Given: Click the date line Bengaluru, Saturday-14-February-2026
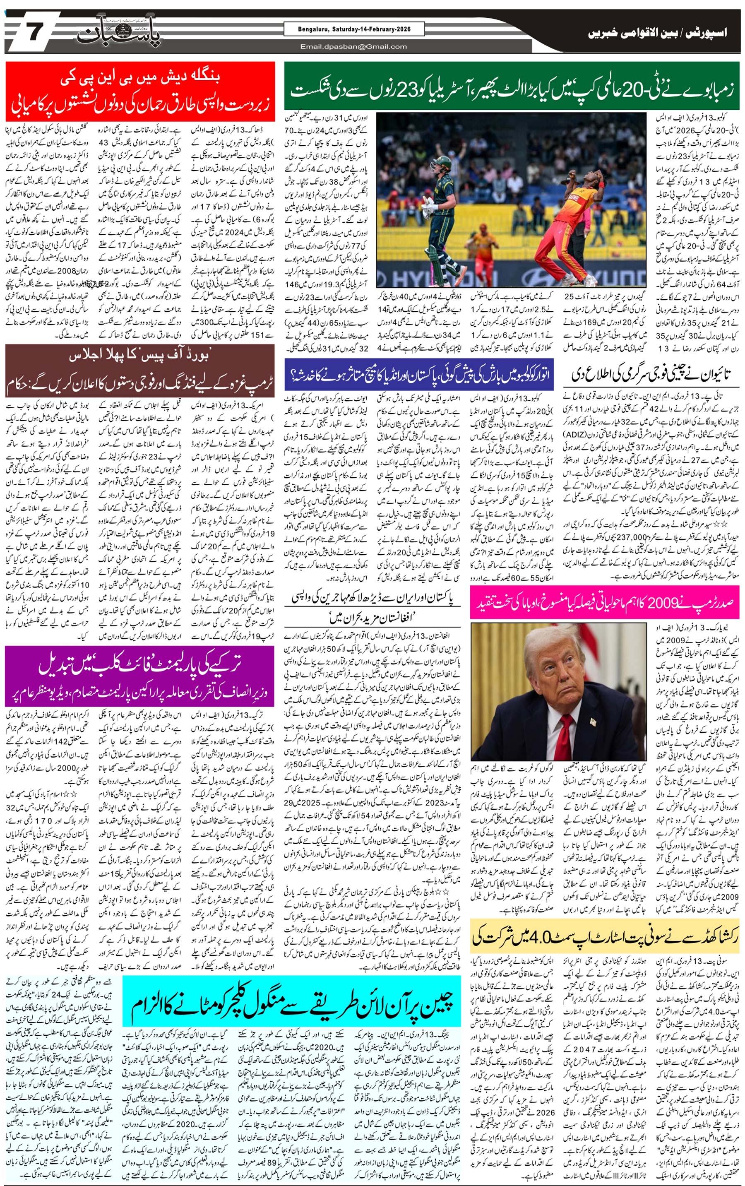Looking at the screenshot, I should pyautogui.click(x=354, y=29).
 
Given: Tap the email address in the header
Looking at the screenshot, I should pyautogui.click(x=354, y=47).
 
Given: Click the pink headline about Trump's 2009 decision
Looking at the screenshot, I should pyautogui.click(x=605, y=602).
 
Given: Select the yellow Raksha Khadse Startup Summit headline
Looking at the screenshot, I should pyautogui.click(x=605, y=937).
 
